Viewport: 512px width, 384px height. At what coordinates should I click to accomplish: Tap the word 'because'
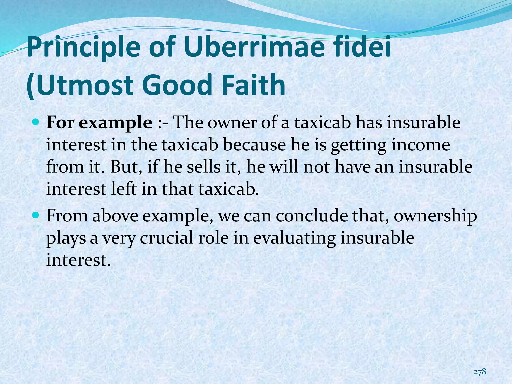click(x=254, y=145)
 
